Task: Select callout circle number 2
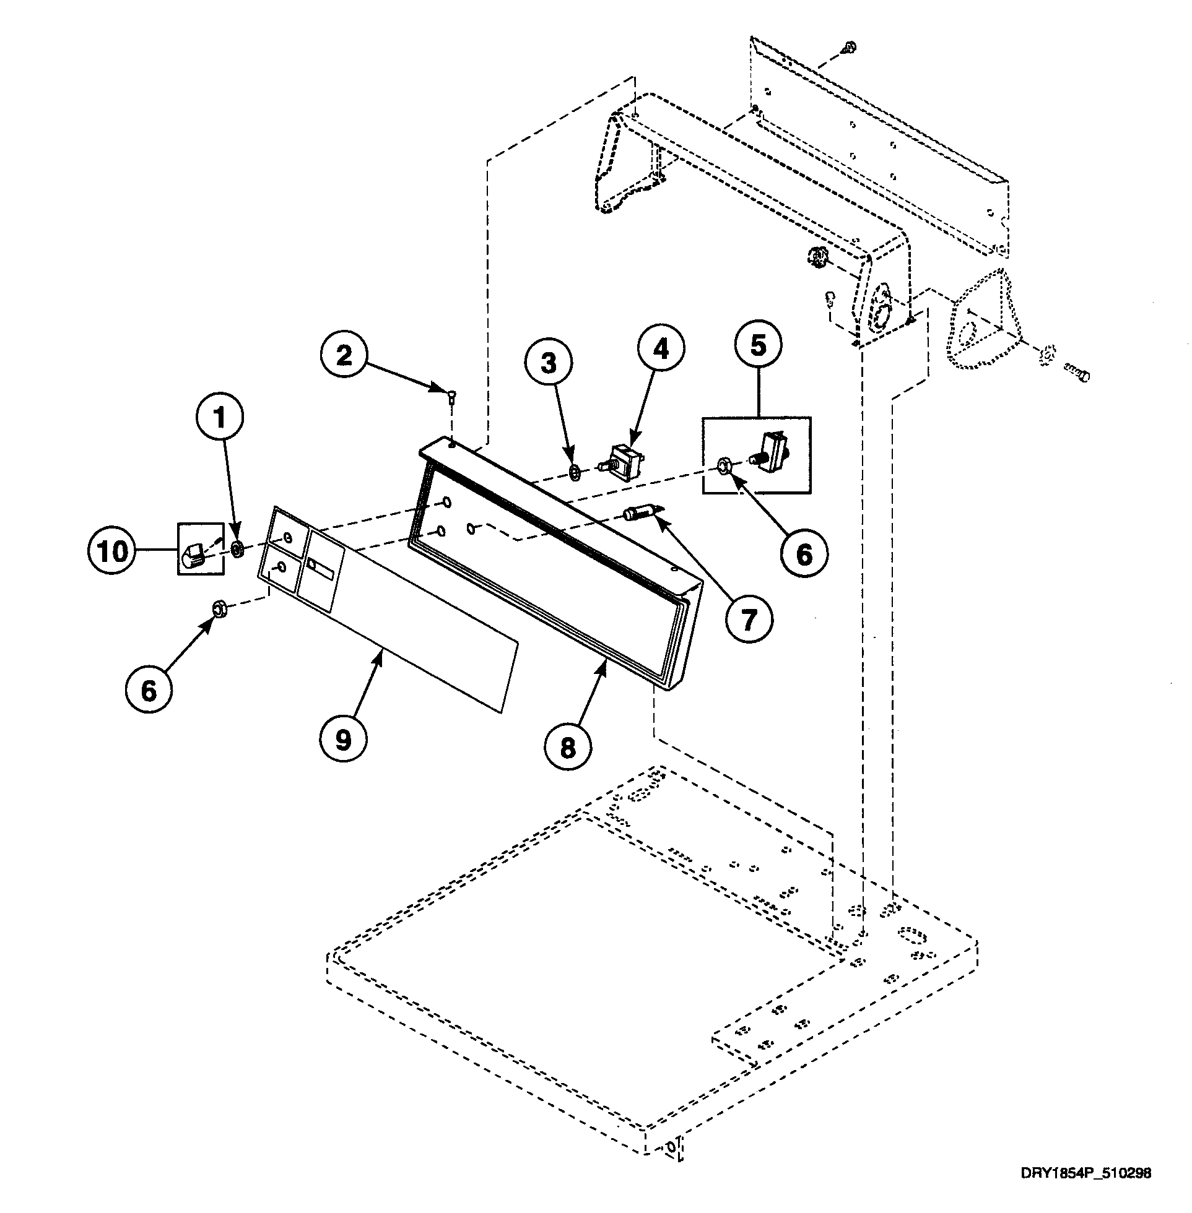tap(344, 355)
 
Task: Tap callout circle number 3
tap(549, 363)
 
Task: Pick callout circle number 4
tap(661, 348)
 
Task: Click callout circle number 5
tap(758, 345)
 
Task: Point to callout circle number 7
tap(749, 620)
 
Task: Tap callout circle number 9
tap(343, 740)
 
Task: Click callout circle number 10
tap(113, 551)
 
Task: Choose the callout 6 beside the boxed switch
tap(804, 554)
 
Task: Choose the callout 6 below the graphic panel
tap(149, 691)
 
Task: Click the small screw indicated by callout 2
tap(453, 394)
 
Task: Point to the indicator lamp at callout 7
tap(638, 514)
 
